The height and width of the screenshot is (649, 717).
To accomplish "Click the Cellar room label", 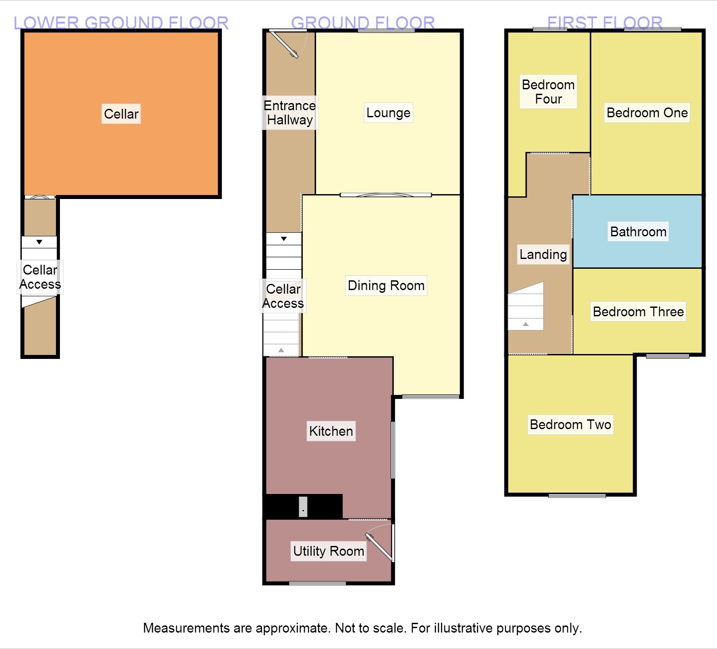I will click(121, 114).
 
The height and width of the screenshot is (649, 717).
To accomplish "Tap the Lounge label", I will click(388, 113).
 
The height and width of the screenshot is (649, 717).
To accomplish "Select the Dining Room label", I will click(386, 286).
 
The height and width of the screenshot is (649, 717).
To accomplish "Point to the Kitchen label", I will click(331, 431).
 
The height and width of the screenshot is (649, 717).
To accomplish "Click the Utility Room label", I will click(329, 551).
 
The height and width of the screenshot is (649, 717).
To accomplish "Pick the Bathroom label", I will click(638, 231).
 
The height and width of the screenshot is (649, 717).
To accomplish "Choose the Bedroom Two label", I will click(570, 425).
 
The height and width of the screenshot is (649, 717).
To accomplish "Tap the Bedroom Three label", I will click(638, 312).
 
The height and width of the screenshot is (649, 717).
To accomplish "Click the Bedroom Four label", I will click(548, 92).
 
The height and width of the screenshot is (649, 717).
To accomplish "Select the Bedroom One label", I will click(647, 113).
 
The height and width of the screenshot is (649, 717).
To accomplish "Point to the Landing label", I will click(543, 255).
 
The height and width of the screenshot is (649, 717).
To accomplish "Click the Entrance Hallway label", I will click(289, 113).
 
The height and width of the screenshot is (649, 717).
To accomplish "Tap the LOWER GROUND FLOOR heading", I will click(121, 23).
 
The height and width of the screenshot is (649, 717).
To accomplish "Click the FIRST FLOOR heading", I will click(605, 23).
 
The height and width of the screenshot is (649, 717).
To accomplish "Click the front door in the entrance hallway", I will click(285, 44).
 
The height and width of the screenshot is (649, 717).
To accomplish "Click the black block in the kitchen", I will click(303, 506).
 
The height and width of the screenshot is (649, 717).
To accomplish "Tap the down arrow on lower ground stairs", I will click(40, 242).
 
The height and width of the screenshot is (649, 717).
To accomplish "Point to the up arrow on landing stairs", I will click(526, 324).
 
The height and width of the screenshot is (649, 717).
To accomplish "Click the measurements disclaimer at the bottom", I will click(362, 628).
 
